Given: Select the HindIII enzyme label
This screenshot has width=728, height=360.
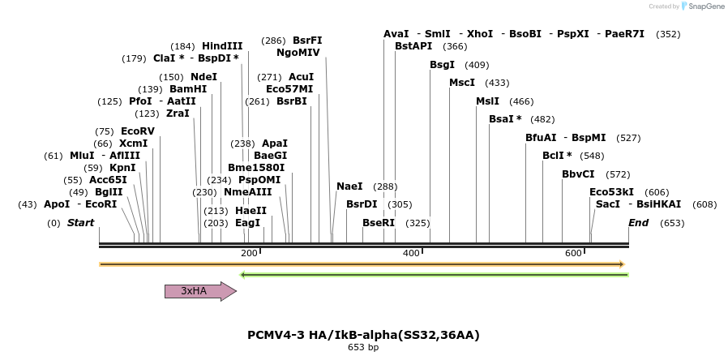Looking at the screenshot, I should click(222, 46).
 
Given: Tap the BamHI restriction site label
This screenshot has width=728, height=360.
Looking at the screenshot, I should click(188, 89).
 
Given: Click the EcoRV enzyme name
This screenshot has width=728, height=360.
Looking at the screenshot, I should click(137, 131).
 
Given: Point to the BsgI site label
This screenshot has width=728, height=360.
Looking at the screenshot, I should click(443, 65).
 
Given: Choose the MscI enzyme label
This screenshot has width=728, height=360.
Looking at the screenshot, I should click(462, 83).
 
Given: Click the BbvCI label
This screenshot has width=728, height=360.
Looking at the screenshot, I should click(578, 174).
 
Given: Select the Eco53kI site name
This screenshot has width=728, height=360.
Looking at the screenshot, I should click(611, 192).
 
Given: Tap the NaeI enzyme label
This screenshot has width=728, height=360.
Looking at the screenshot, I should click(349, 186).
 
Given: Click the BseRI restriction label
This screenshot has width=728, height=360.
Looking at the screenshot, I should click(379, 223).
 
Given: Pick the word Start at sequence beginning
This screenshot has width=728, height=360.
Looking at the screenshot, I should click(80, 223).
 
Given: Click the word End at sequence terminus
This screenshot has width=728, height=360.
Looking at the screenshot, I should click(638, 223).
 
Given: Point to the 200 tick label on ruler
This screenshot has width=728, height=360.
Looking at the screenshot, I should click(249, 253).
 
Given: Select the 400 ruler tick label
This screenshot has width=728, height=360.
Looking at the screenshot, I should click(411, 253).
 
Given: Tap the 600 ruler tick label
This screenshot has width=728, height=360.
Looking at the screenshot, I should click(573, 253).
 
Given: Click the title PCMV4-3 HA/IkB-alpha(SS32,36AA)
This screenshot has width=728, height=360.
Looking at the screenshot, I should click(358, 334).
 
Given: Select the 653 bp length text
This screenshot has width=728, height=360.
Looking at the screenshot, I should click(363, 348).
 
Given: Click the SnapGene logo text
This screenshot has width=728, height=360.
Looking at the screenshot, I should click(704, 6).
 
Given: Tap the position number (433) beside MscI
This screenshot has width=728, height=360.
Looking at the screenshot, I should click(497, 83).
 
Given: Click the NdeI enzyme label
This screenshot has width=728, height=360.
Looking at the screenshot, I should click(203, 77).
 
